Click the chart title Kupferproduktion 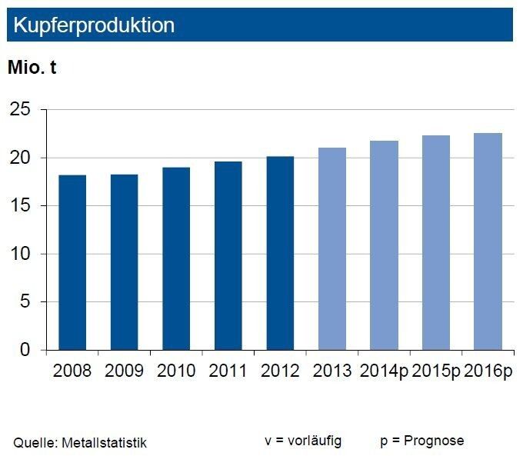[x=93, y=25]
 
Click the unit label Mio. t [x=32, y=68]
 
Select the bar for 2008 [x=72, y=262]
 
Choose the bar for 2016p [x=488, y=241]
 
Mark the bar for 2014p [x=384, y=245]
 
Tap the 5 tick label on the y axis [x=25, y=302]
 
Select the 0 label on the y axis [x=25, y=350]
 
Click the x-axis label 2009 [x=124, y=371]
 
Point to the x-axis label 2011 [x=228, y=371]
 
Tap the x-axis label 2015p [x=436, y=371]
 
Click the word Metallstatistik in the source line [x=105, y=442]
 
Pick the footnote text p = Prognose [x=421, y=441]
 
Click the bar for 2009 [x=124, y=262]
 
